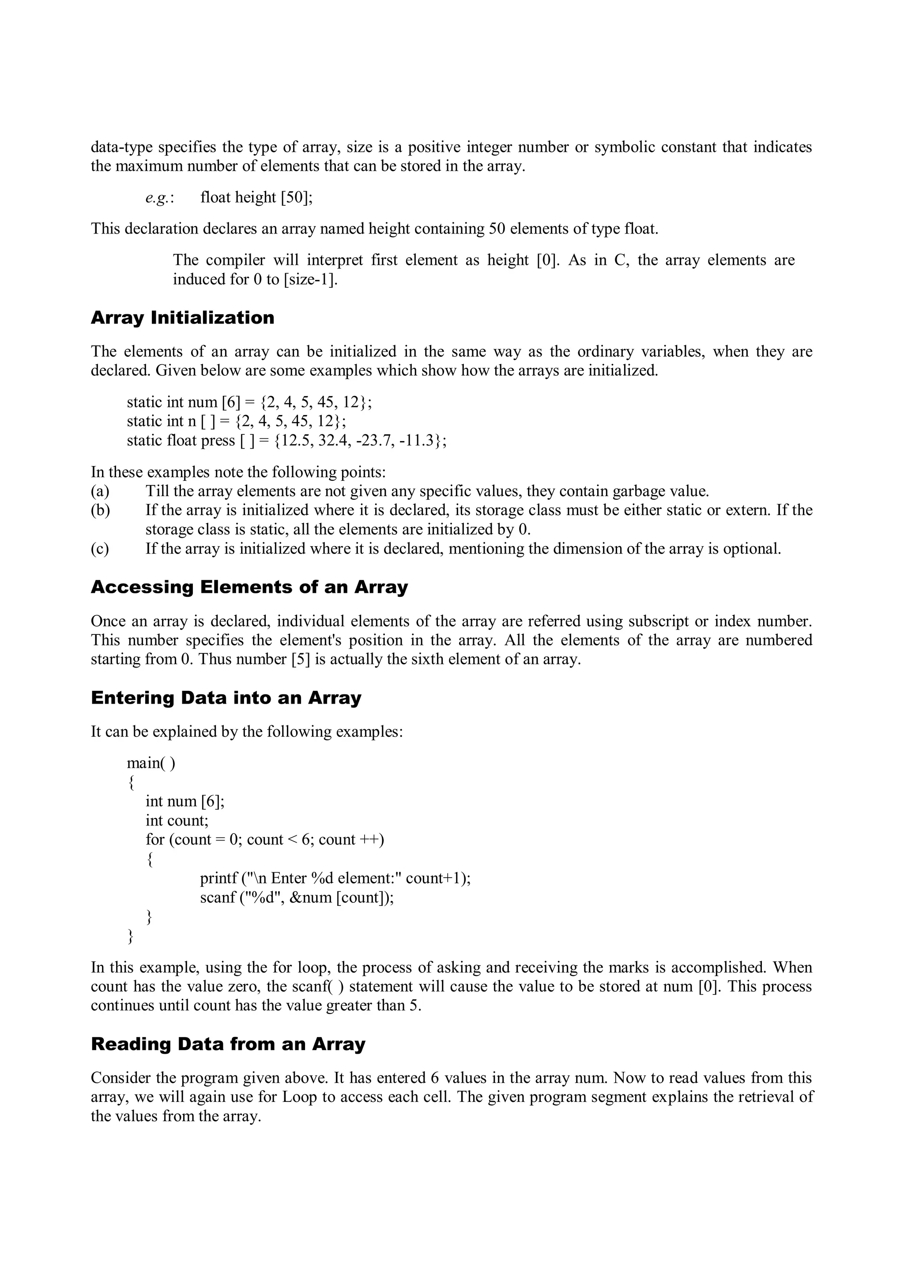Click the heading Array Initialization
pos(183,318)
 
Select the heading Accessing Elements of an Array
pos(249,587)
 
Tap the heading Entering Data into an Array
pos(226,698)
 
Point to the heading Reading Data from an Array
pos(228,1044)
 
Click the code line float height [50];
pos(256,198)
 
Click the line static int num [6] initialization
pos(249,402)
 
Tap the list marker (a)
pos(100,491)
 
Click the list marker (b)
pos(100,510)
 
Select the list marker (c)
pos(100,549)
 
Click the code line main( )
pos(151,762)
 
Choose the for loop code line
pos(265,839)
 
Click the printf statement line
pos(335,878)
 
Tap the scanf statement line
pos(297,897)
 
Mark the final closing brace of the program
pos(131,936)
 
